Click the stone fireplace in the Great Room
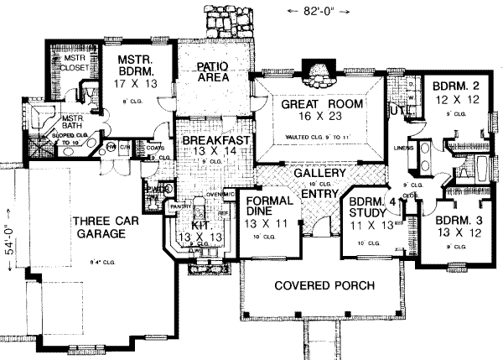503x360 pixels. [317, 76]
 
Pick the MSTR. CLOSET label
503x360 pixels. [73, 65]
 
